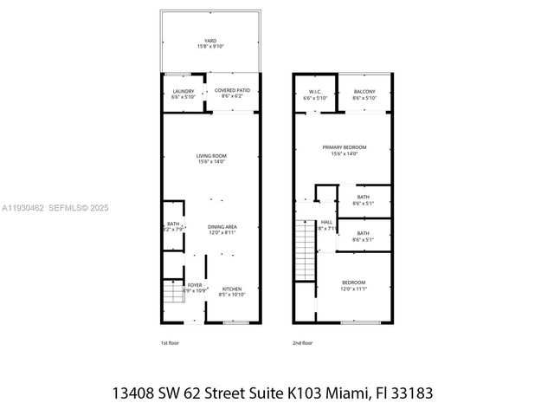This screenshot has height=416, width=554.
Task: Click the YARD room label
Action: pyautogui.click(x=209, y=41)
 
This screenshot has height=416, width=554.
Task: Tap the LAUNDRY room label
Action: pyautogui.click(x=183, y=90)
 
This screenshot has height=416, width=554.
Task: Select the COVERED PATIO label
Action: pyautogui.click(x=232, y=90)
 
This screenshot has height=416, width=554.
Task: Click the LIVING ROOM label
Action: pyautogui.click(x=210, y=156)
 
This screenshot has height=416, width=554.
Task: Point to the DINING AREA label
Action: pyautogui.click(x=222, y=227)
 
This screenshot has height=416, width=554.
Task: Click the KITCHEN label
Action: pyautogui.click(x=232, y=289)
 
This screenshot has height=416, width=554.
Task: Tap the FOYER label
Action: pyautogui.click(x=196, y=283)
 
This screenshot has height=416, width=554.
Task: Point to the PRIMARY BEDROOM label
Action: pyautogui.click(x=345, y=147)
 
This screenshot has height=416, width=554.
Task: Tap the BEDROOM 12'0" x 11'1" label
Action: pyautogui.click(x=353, y=283)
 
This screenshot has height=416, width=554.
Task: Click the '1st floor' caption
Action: pyautogui.click(x=170, y=342)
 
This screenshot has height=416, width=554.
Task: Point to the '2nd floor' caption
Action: pyautogui.click(x=302, y=342)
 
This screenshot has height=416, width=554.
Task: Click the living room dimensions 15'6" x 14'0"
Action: pyautogui.click(x=210, y=162)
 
